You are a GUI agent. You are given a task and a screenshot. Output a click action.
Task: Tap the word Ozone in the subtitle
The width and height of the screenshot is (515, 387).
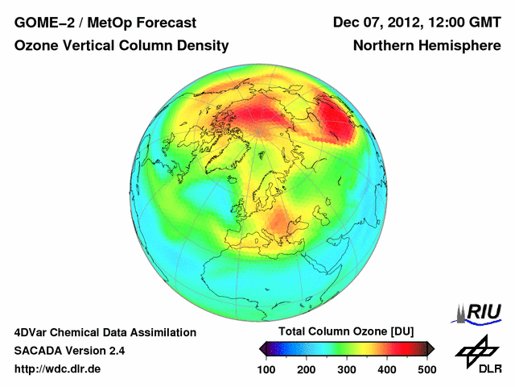point(35,46)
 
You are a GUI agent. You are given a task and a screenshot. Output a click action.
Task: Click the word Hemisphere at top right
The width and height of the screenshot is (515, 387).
point(462,46)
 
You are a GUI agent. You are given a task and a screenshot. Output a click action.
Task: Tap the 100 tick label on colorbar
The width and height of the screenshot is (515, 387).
point(266,369)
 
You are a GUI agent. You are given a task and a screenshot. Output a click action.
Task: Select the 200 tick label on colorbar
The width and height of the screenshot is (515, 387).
point(307,369)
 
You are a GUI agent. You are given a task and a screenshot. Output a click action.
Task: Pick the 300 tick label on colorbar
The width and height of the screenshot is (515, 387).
point(347,369)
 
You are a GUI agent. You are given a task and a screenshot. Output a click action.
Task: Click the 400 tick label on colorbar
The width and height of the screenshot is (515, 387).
point(387,369)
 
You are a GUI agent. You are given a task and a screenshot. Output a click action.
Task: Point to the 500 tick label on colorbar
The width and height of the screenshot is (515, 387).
point(426,369)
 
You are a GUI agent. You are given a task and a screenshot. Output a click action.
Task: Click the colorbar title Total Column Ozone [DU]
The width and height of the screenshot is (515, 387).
point(346,331)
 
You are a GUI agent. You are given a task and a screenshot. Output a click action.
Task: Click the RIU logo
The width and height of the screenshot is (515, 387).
point(476,311)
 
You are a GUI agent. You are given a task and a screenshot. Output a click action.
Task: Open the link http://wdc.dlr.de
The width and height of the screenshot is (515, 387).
point(58,369)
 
